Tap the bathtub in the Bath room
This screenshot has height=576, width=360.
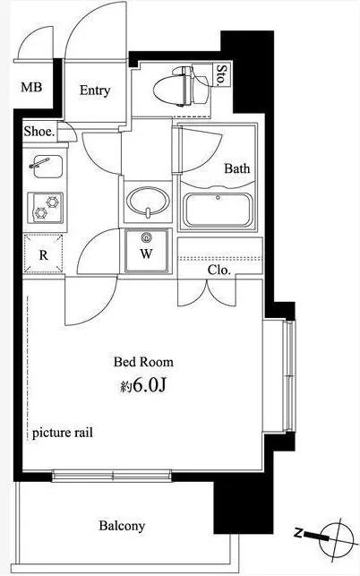[219, 210]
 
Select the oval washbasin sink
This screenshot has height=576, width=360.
[148, 202]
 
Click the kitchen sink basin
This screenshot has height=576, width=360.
[47, 167]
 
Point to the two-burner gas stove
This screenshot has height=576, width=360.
[45, 207]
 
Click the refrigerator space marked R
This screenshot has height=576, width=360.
[43, 254]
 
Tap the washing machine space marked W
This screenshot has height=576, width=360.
[147, 251]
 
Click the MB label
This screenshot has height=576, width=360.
[31, 87]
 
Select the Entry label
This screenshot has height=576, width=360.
[95, 90]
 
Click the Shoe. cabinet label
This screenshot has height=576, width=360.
[39, 131]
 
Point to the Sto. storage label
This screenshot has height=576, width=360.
[221, 74]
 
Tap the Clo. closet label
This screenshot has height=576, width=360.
[219, 270]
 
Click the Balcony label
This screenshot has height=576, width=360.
[122, 526]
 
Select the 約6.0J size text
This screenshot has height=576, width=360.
[143, 385]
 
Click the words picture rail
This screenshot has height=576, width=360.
[63, 433]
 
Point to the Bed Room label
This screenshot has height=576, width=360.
[143, 362]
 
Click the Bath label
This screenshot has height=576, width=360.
[237, 168]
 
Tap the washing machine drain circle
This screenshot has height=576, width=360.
[147, 237]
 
